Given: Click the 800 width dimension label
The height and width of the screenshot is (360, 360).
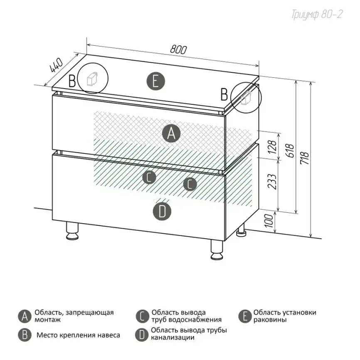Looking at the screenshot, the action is point(178,49).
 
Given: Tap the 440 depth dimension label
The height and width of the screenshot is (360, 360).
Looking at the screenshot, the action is point(56,65).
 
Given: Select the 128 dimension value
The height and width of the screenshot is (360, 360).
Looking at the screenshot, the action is point(272,147).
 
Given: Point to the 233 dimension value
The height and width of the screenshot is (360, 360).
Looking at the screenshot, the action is point(272,181).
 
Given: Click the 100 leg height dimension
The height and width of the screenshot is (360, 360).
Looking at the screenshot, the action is point(269,221).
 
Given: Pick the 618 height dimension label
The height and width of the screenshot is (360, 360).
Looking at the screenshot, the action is point(291,151).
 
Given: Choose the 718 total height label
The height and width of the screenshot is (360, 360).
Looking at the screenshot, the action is point(305,158).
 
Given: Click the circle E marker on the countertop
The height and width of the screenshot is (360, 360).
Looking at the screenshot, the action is point(155,81).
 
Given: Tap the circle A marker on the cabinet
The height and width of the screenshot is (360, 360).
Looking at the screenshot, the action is point(171,133).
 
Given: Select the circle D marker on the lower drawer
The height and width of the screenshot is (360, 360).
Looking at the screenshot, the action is point(162,211).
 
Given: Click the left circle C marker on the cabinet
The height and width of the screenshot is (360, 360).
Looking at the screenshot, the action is point(149,177).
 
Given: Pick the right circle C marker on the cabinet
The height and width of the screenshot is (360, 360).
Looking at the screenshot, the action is point(190,184).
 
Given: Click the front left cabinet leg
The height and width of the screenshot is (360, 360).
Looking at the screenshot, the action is point(72,231).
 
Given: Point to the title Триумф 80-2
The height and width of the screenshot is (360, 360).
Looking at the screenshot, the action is point(317,15).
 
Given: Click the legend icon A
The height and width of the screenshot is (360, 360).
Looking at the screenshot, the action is point(25,316).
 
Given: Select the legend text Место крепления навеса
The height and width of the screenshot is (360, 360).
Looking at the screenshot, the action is point(78,335).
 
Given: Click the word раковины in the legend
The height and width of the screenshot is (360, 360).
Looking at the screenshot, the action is point(270,320).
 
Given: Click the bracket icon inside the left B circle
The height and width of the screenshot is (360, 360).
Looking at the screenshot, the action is point(92,79).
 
